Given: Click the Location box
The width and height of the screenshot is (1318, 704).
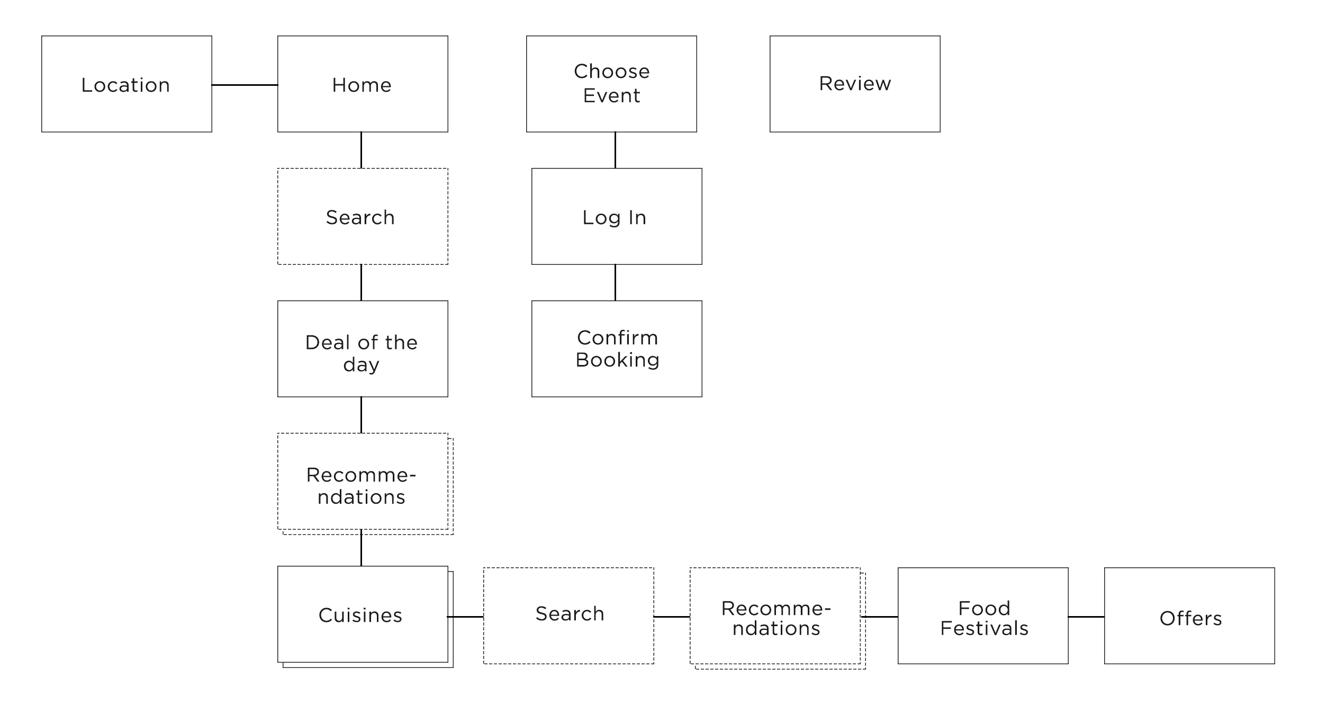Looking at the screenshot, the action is point(127,84).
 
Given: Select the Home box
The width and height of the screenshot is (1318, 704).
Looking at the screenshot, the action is point(363,84).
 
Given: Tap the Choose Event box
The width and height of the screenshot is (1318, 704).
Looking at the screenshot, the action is point(611,84).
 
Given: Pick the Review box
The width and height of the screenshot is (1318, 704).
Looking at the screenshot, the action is point(855,84).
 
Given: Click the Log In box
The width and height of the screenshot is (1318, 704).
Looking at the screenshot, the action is point(617,216).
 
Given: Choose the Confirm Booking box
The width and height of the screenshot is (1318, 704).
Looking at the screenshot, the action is point(617,349).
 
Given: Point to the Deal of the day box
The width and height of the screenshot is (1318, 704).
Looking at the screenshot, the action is point(363,349).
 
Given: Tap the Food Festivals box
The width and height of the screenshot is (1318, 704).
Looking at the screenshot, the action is point(983,616).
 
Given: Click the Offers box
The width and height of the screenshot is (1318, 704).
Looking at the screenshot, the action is point(1189,616).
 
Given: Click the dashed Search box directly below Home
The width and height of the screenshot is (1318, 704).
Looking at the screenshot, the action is point(363,216).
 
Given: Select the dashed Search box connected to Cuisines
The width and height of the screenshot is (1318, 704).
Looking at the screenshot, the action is point(568,616).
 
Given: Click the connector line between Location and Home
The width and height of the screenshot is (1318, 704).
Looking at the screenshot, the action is point(245,85).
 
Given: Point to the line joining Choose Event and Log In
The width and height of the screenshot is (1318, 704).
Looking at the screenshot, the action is point(615,150).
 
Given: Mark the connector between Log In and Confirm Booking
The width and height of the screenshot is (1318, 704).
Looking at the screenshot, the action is point(615,282).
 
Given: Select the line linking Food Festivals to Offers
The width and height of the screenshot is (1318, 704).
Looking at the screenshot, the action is point(1086,617).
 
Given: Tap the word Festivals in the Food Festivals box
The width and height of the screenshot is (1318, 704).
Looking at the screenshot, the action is point(984,628).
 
